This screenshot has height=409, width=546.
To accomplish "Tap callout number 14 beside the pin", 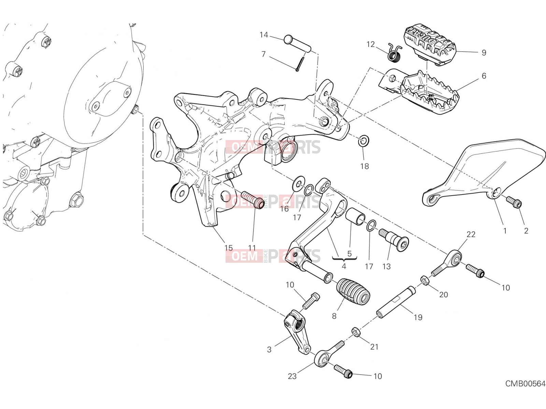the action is [x=264, y=35].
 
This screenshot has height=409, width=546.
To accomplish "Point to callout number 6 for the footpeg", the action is [x=484, y=76].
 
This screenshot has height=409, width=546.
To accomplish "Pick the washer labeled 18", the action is [x=363, y=141].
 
